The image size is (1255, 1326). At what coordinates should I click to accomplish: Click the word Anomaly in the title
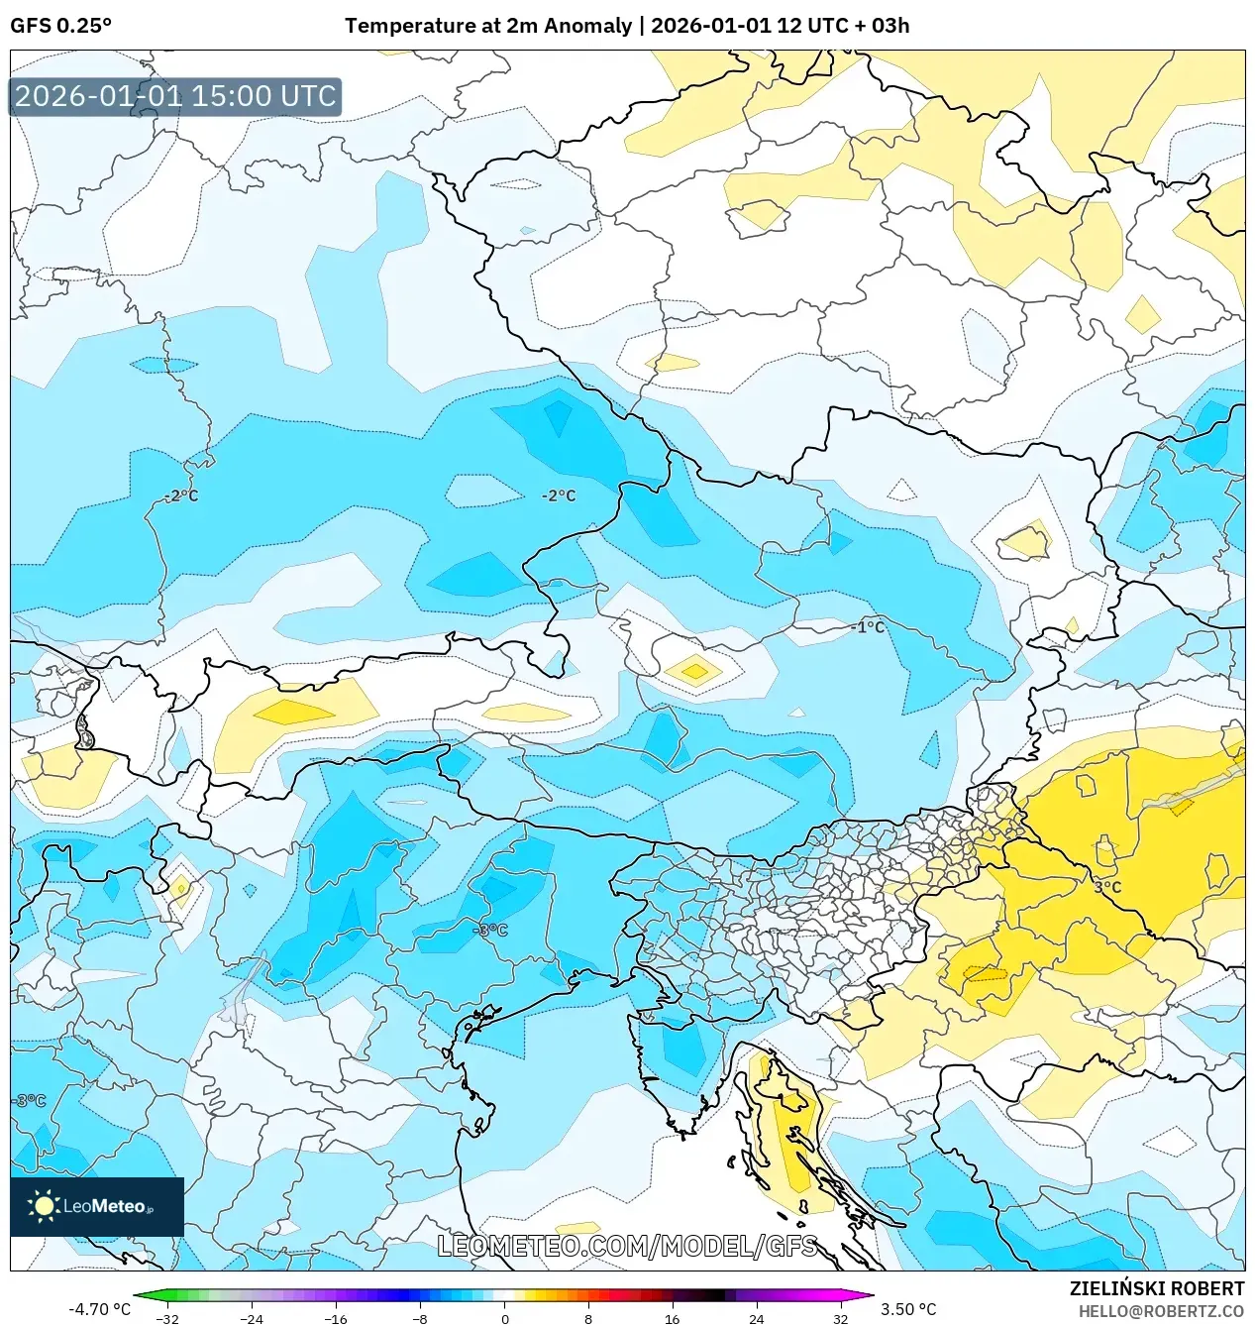(x=589, y=26)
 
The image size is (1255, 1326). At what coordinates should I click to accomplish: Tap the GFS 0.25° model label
(x=60, y=26)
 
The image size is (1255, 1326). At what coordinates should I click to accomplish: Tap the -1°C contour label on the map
(x=868, y=627)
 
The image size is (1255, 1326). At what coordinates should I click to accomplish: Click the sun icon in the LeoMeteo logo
(x=44, y=1206)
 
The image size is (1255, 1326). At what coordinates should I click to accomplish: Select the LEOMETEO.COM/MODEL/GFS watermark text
(x=628, y=1246)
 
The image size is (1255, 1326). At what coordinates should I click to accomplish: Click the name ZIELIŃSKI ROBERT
(x=1156, y=1288)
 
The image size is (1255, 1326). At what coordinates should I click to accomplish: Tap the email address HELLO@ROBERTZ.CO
(x=1160, y=1311)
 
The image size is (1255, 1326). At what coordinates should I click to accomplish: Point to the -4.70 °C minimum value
(x=99, y=1309)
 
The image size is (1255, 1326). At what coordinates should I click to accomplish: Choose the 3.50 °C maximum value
(x=908, y=1309)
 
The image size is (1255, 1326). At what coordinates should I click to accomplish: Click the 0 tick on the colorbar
(x=504, y=1319)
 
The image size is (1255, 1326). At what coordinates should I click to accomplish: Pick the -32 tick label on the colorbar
(x=167, y=1319)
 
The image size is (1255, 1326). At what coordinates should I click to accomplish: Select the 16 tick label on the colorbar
(x=672, y=1319)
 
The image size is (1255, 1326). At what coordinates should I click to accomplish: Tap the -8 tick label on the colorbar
(x=420, y=1319)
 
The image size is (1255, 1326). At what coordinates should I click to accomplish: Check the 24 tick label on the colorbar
(x=756, y=1319)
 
